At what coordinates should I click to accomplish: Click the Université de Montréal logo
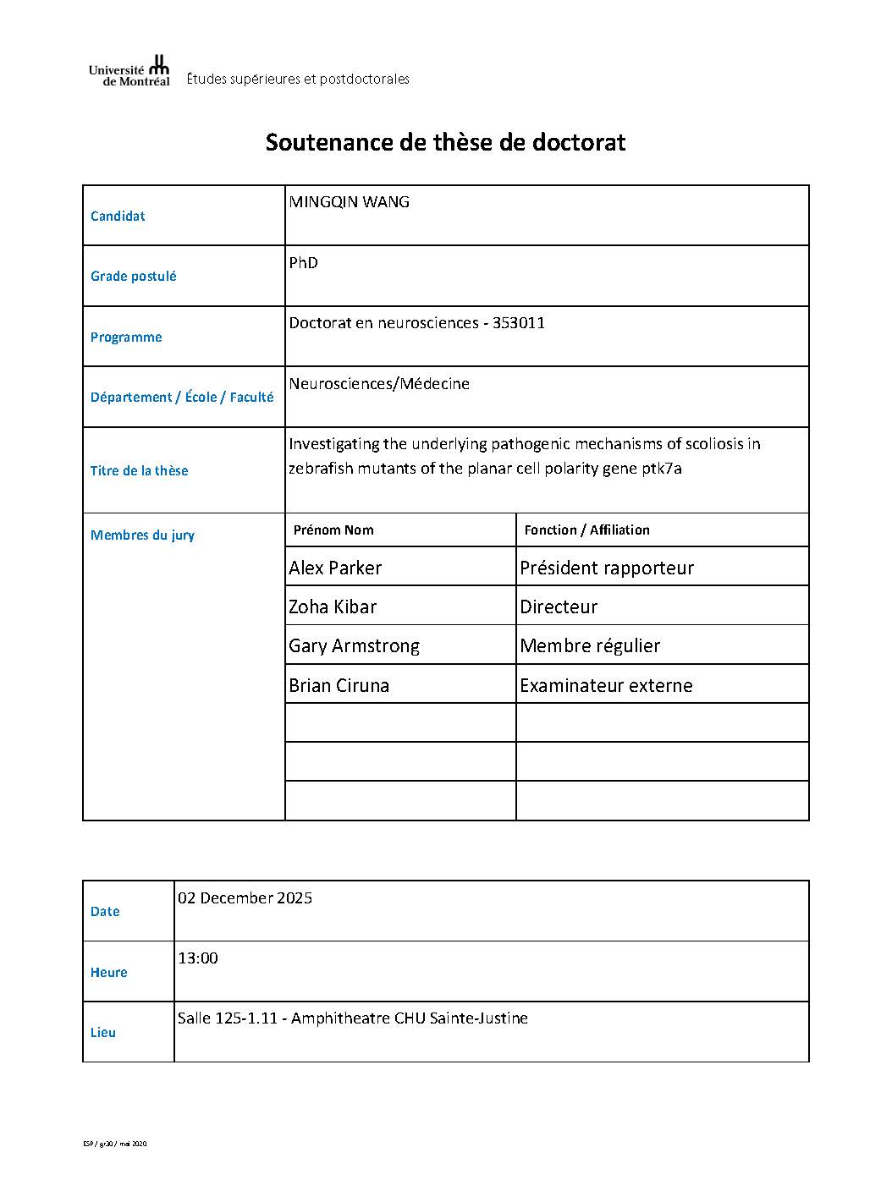point(129,72)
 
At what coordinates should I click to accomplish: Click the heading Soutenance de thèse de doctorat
point(445,142)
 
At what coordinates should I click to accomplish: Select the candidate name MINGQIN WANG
point(349,202)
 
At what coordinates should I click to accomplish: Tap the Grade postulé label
point(133,277)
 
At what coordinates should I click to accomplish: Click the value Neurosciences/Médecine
point(378,384)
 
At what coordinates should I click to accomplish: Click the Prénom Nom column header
point(333,530)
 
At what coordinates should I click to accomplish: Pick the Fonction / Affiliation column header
point(586,530)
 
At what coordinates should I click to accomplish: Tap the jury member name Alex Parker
point(335,568)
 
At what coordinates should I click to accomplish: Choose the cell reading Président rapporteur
point(606,568)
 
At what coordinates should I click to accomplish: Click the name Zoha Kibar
point(333,607)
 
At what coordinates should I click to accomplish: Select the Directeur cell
point(559,607)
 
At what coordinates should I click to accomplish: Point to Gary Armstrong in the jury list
point(354,646)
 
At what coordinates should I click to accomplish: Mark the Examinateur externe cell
point(605,686)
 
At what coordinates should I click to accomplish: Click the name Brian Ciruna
point(339,686)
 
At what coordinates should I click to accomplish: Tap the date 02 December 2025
point(245,898)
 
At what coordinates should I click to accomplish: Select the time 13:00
point(197,958)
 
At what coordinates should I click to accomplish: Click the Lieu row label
point(103,1033)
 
